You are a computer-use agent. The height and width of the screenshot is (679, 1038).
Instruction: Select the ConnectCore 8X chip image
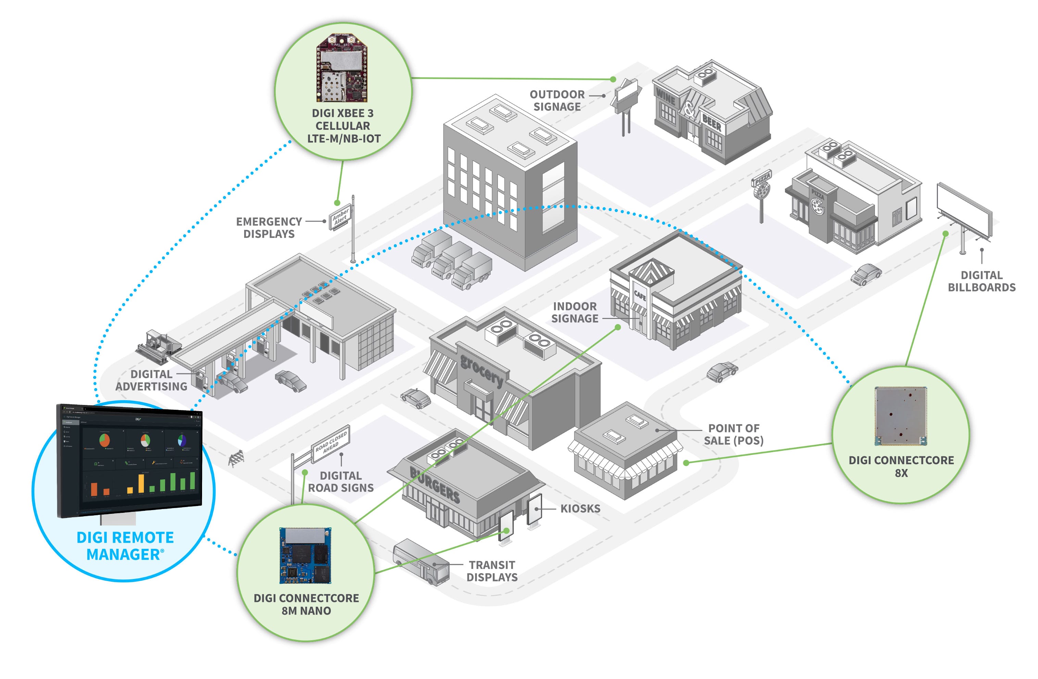pyautogui.click(x=901, y=416)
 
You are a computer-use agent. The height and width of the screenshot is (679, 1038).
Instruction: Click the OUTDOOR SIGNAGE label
pyautogui.click(x=557, y=101)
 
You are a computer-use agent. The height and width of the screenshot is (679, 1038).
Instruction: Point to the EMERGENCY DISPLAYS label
pyautogui.click(x=269, y=228)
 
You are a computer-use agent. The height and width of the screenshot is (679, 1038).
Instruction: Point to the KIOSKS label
pyautogui.click(x=580, y=509)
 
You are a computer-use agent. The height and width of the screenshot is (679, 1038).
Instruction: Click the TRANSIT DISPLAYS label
pyautogui.click(x=492, y=571)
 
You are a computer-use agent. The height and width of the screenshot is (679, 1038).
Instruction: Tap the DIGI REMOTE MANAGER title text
pyautogui.click(x=125, y=546)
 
